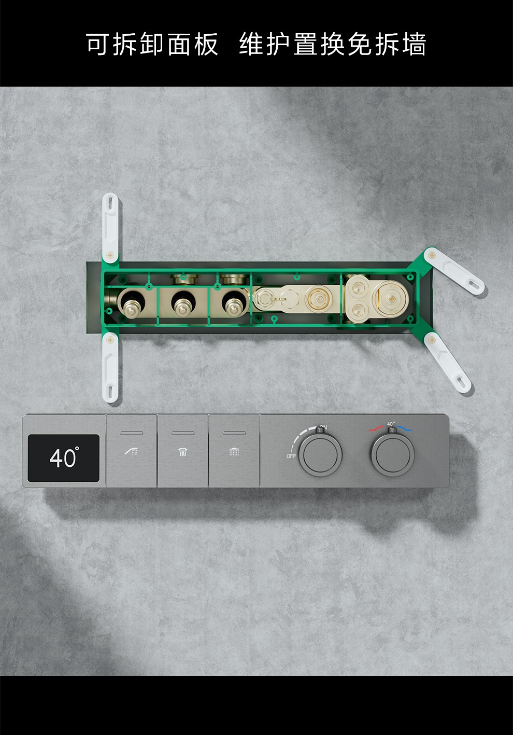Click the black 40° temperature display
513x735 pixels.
[x=63, y=458]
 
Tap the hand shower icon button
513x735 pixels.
[x=132, y=451]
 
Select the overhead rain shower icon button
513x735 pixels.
[x=234, y=451]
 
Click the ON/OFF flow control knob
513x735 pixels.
[x=320, y=454]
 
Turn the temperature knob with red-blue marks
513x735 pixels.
[x=393, y=454]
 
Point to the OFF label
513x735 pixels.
[x=291, y=456]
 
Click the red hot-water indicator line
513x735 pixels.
[x=376, y=428]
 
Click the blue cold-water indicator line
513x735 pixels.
[x=405, y=428]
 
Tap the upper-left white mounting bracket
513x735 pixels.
[x=110, y=228]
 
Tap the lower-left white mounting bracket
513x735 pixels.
[x=110, y=367]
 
